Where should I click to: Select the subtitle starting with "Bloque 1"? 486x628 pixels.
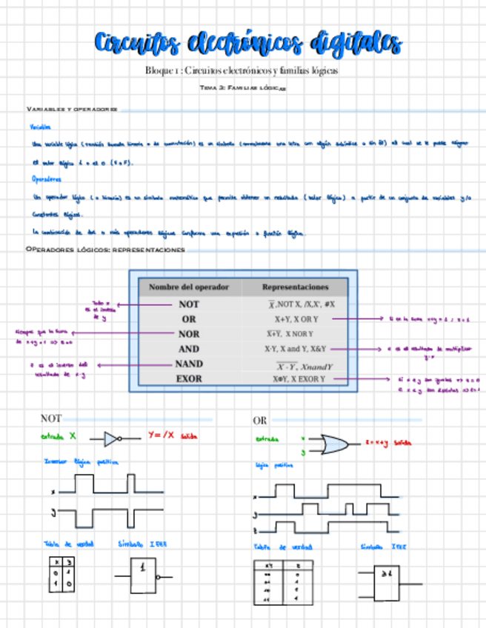[x=242, y=71]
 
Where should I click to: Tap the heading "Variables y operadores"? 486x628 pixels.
[x=72, y=109]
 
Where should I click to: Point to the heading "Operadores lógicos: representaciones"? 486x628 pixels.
[x=104, y=250]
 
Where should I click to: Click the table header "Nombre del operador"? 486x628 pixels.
[x=189, y=287]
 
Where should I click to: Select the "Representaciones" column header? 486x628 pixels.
[x=295, y=287]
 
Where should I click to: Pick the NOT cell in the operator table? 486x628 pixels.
[x=189, y=304]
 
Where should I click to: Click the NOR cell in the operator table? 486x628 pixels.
[x=189, y=334]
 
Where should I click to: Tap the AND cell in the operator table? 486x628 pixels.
[x=189, y=349]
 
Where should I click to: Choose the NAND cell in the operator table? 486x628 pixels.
[x=189, y=364]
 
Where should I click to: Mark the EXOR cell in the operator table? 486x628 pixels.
[x=189, y=379]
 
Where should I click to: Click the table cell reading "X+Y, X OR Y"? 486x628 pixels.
[x=296, y=319]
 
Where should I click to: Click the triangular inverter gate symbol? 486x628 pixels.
[x=111, y=438]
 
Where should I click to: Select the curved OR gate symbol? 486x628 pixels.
[x=332, y=444]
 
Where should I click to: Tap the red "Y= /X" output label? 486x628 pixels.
[x=161, y=435]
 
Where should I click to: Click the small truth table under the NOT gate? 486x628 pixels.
[x=61, y=575]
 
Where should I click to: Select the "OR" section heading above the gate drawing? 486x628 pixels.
[x=260, y=421]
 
